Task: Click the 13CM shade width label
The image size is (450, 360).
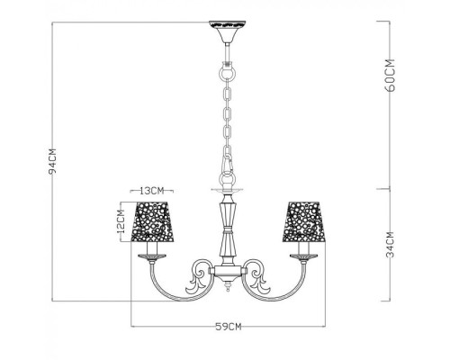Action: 151,191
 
